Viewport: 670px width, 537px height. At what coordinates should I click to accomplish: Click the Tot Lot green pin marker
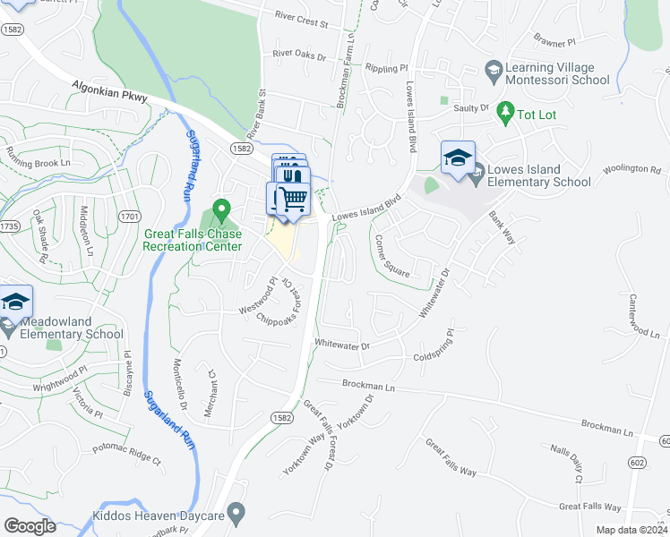pyautogui.click(x=504, y=113)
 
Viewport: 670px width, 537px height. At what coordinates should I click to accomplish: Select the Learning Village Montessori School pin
pyautogui.click(x=492, y=70)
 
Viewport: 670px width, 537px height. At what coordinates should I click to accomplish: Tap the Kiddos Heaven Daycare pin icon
pyautogui.click(x=236, y=513)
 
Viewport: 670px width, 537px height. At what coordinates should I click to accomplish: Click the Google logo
pyautogui.click(x=30, y=526)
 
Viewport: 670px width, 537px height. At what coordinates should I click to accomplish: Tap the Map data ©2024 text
pyautogui.click(x=631, y=530)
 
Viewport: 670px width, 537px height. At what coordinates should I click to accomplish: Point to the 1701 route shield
pyautogui.click(x=130, y=216)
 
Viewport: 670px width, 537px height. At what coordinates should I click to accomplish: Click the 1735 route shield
pyautogui.click(x=10, y=226)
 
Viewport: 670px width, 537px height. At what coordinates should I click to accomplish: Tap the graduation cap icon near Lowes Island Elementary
pyautogui.click(x=458, y=158)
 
